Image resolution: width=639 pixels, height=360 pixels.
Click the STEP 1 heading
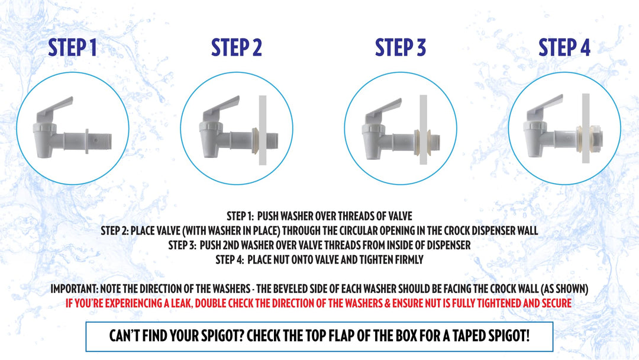pos(73,47)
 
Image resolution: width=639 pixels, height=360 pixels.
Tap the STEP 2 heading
pos(236,47)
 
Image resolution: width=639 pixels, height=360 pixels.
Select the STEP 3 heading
pos(400,47)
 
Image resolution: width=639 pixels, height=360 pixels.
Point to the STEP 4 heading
pos(564,47)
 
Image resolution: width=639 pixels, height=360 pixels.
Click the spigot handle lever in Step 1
pos(56,107)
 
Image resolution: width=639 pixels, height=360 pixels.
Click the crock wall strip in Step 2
pos(263,130)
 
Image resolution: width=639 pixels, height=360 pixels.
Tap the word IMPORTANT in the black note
pos(73,289)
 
